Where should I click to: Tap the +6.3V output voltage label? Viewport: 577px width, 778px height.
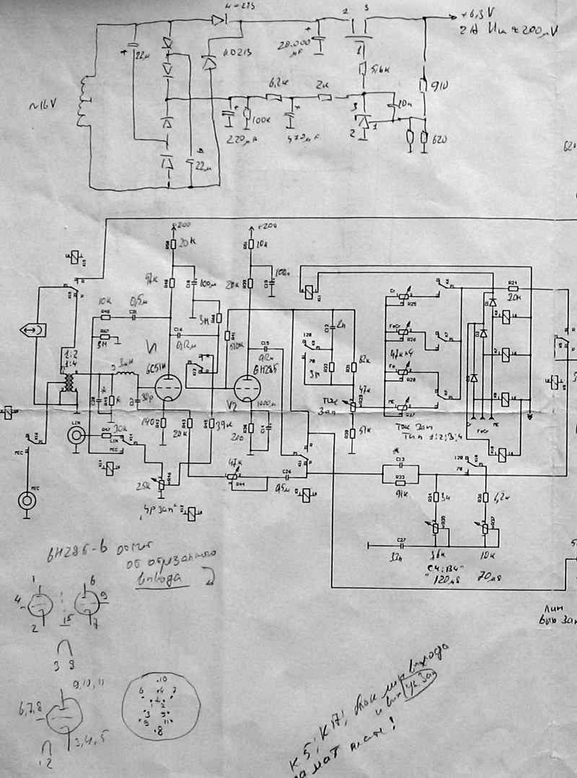[477, 16]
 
